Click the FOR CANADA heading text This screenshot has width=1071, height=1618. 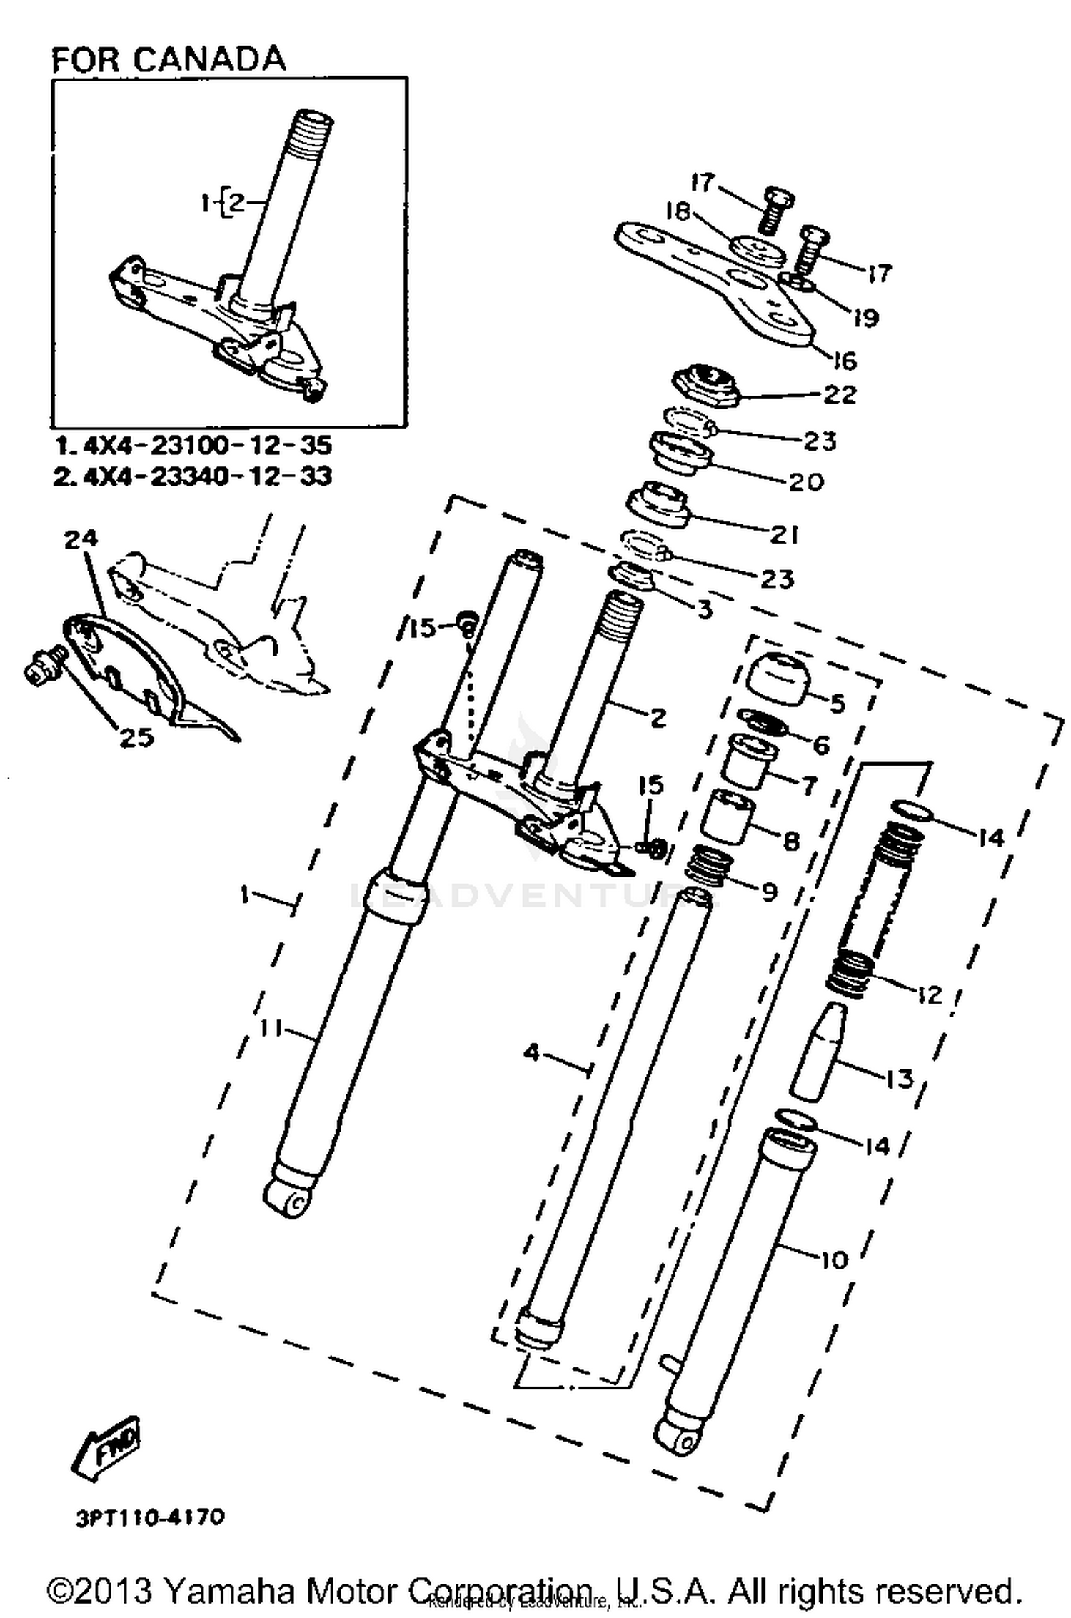pyautogui.click(x=169, y=59)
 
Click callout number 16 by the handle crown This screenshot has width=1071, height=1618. pyautogui.click(x=845, y=361)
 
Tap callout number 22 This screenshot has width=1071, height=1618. pyautogui.click(x=840, y=394)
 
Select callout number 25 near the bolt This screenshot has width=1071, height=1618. pyautogui.click(x=136, y=737)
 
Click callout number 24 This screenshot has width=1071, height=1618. pyautogui.click(x=81, y=539)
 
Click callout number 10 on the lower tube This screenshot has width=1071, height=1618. pyautogui.click(x=833, y=1260)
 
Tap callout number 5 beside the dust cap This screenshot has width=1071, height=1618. pyautogui.click(x=836, y=703)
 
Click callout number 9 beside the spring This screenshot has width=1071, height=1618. pyautogui.click(x=769, y=892)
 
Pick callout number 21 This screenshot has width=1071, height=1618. pyautogui.click(x=784, y=534)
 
